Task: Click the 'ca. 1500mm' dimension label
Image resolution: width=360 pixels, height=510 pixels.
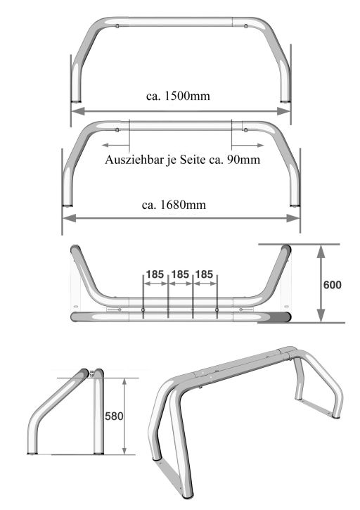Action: tap(178, 96)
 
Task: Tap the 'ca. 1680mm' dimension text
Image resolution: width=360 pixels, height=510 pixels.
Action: tap(174, 205)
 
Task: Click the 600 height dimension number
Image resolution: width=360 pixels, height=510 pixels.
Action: tap(332, 285)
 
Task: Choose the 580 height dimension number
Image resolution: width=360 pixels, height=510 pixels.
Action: tap(114, 416)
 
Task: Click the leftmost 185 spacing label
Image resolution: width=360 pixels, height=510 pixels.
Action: tap(155, 274)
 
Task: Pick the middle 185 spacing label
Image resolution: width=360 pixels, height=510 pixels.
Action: tap(180, 274)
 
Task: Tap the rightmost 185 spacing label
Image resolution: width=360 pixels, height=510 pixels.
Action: tap(204, 274)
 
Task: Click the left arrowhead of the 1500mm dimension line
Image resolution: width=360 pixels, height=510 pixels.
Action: tap(78, 111)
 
